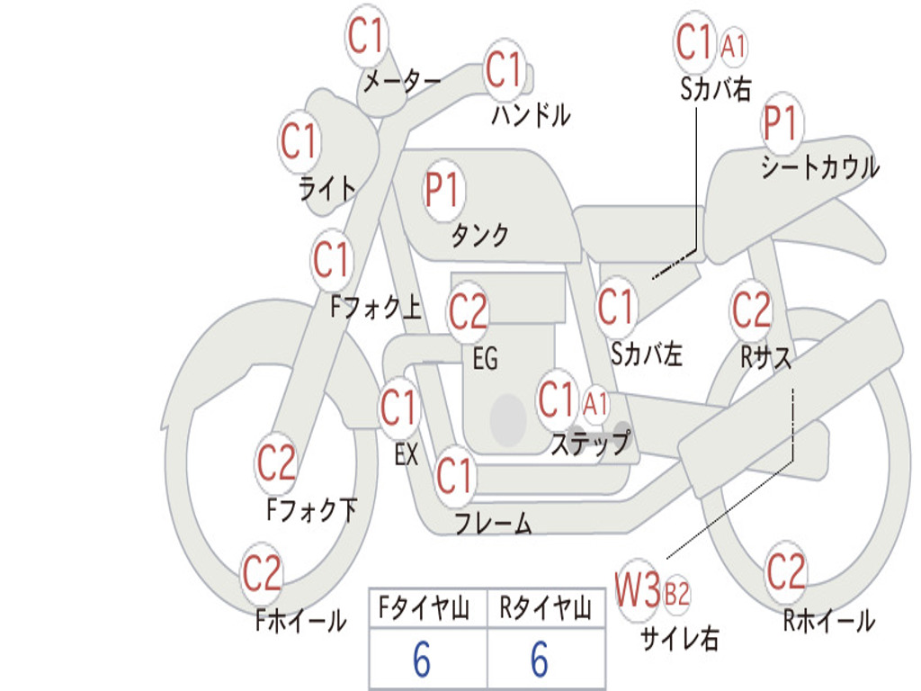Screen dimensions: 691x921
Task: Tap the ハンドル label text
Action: click(531, 114)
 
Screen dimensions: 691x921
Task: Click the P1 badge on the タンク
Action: click(443, 191)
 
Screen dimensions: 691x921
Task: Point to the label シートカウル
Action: click(819, 168)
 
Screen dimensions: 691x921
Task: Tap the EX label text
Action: click(407, 454)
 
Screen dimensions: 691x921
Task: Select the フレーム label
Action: click(493, 523)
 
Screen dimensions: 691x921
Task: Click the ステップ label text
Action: click(590, 444)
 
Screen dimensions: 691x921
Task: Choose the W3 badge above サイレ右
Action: click(639, 591)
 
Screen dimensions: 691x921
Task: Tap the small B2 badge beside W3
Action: click(676, 594)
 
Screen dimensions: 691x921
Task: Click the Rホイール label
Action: click(828, 620)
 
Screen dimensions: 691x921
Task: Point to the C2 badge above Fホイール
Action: click(263, 574)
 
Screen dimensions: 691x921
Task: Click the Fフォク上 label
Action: click(375, 309)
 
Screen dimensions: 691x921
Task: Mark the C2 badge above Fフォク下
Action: click(276, 464)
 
